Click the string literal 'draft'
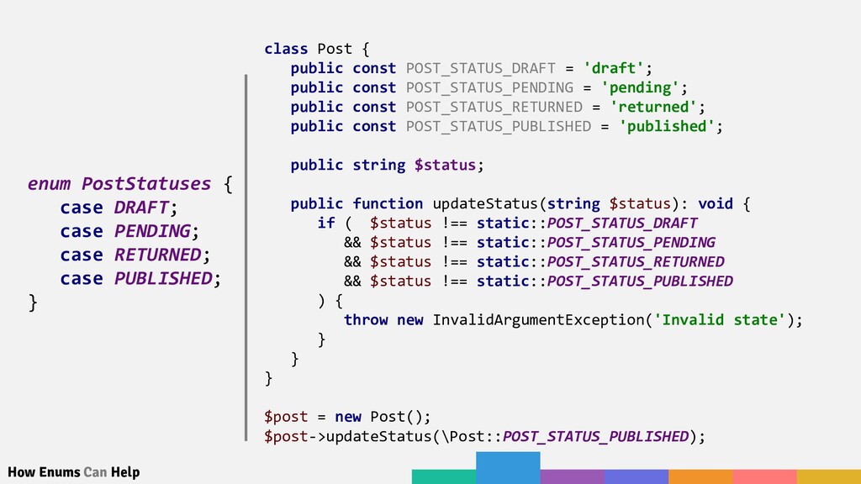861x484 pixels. tap(616, 68)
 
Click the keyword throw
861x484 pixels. tap(366, 319)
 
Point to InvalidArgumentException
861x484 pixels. tap(537, 319)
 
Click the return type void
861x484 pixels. tap(715, 203)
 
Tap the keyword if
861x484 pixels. tap(326, 223)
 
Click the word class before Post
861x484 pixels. tap(286, 49)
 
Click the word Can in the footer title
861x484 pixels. tap(95, 472)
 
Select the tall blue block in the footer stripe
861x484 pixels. tap(508, 467)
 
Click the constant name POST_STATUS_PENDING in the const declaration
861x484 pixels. tap(489, 87)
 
